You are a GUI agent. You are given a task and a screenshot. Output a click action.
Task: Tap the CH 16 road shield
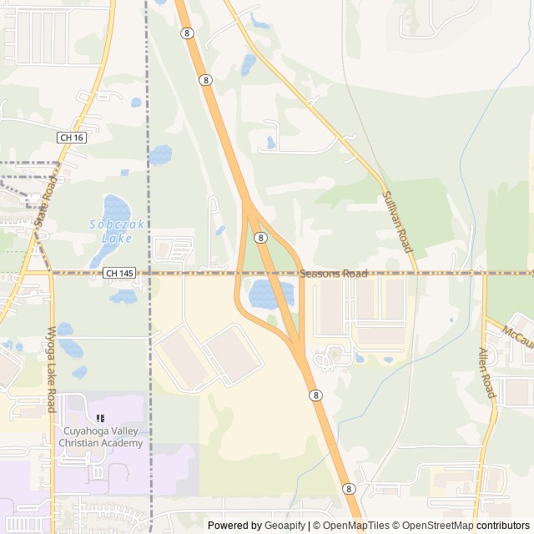click(72, 137)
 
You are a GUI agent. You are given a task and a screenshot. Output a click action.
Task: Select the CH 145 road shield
click(119, 273)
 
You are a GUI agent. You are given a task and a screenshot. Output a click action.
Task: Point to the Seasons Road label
click(334, 274)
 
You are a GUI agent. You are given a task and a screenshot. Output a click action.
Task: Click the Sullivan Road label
click(397, 220)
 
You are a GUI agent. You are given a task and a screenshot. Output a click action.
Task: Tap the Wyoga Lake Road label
click(52, 369)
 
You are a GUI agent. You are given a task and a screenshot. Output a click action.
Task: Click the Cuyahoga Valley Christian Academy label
click(103, 436)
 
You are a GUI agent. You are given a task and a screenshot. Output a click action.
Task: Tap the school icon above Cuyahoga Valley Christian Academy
click(101, 419)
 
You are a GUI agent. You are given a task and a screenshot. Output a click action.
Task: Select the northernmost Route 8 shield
click(186, 33)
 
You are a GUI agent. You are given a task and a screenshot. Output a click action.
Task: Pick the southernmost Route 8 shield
click(348, 488)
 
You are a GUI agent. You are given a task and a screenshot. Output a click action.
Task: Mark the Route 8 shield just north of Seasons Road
click(261, 238)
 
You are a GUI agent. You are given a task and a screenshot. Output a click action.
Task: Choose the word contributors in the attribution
click(503, 526)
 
